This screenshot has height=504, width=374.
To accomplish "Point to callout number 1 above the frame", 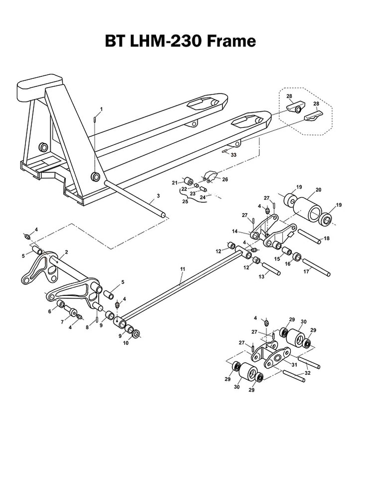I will coord(101,108).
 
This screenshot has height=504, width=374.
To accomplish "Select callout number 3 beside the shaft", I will coord(158,196).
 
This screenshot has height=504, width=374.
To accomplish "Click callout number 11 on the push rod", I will coord(183,269).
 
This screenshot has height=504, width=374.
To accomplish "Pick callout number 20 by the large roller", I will coord(318,190).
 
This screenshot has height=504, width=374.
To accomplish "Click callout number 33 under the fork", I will coord(234,156).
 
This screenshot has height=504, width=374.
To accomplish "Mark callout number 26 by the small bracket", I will coord(225,179).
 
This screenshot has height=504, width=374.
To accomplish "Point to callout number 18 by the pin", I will coord(327,239).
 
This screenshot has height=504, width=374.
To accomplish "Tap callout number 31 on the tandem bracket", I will coord(294,365).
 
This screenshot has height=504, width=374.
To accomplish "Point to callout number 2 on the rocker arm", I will coord(66,252).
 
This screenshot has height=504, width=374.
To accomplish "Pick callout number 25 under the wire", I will coord(185,202).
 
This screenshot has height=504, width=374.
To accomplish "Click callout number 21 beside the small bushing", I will coord(175,183).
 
